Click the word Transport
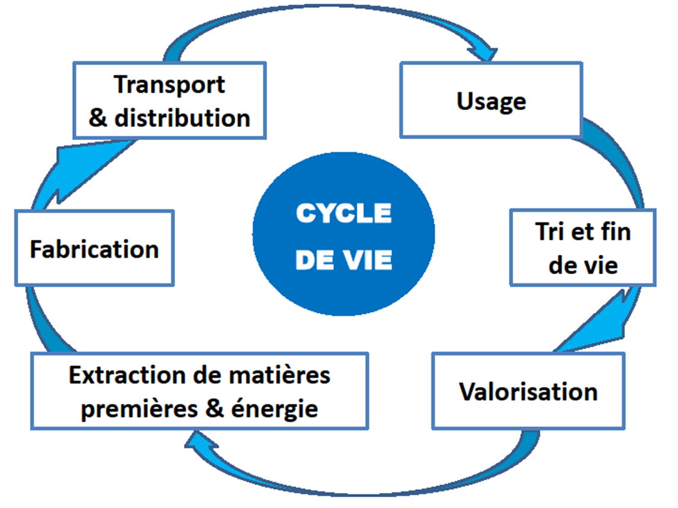click(169, 85)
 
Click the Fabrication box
click(94, 248)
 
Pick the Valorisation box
click(528, 391)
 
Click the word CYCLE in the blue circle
click(344, 213)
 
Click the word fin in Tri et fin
click(614, 232)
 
